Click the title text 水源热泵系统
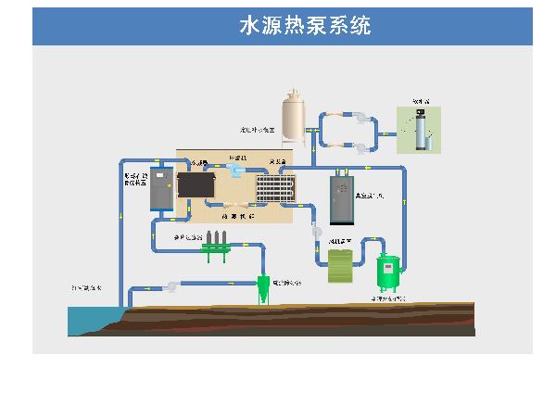coord(305,26)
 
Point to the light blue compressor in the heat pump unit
coord(235,172)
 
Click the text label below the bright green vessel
coord(387,299)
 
